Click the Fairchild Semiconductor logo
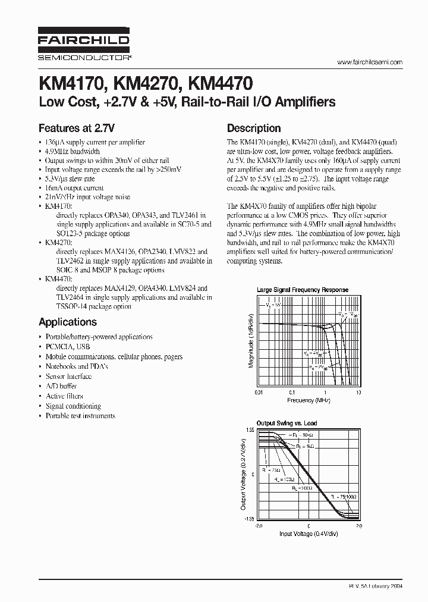[84, 43]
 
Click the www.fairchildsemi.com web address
[370, 62]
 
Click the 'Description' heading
[254, 128]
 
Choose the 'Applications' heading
[67, 322]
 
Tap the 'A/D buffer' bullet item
[61, 386]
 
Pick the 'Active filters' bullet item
[64, 396]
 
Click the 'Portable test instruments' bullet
[80, 416]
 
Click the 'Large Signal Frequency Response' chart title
[302, 290]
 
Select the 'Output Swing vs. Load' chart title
[287, 424]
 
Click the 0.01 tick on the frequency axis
[259, 393]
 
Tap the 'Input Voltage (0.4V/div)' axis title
[308, 534]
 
